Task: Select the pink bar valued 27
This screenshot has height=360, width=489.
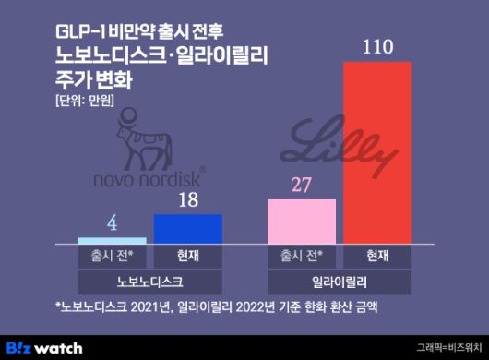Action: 301,221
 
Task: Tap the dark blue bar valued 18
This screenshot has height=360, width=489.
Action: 188,228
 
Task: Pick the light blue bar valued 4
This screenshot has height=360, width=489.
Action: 112,240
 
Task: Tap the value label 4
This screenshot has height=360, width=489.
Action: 112,224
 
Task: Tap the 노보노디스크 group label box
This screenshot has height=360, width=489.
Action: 150,279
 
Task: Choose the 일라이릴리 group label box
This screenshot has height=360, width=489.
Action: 340,279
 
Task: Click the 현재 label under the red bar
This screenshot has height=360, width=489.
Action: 377,255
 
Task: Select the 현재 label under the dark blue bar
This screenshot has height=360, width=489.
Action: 188,255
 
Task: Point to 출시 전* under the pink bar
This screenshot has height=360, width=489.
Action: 301,255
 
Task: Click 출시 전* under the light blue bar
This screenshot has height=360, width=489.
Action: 112,255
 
